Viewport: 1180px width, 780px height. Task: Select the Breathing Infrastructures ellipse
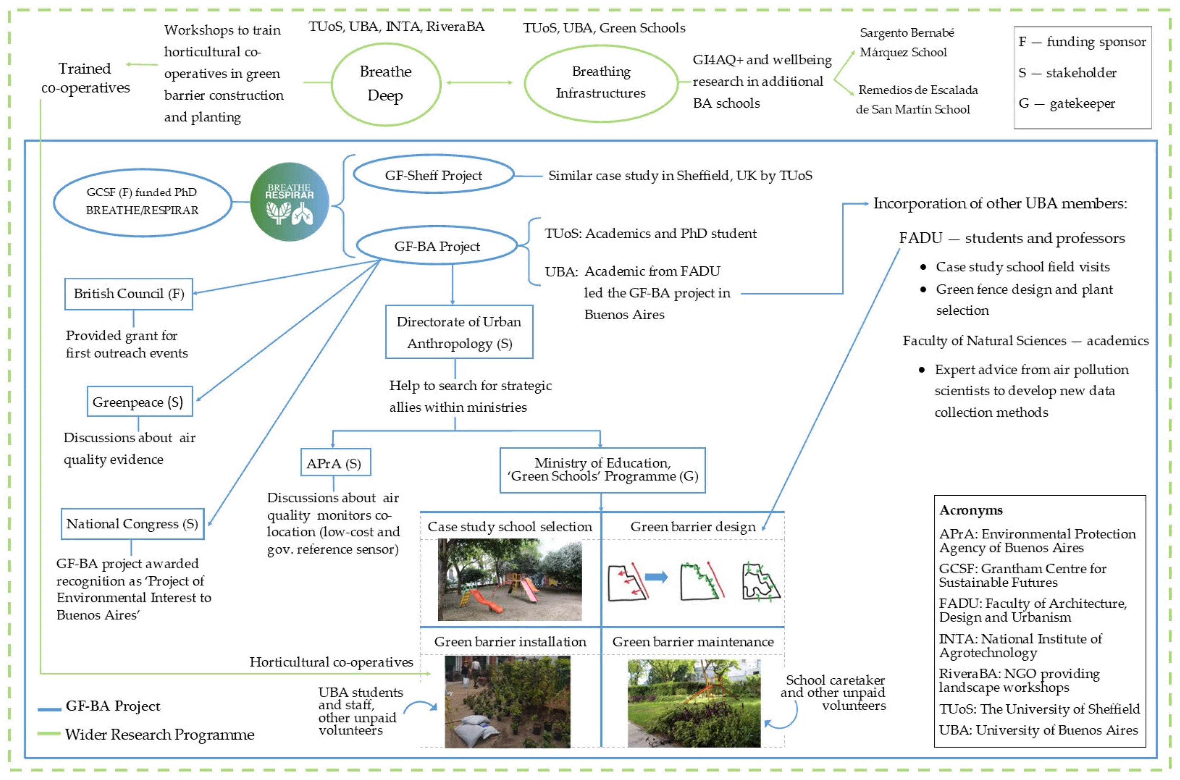point(601,83)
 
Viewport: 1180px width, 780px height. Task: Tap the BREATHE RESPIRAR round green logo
point(289,202)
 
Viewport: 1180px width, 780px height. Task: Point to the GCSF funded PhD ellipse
point(142,202)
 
